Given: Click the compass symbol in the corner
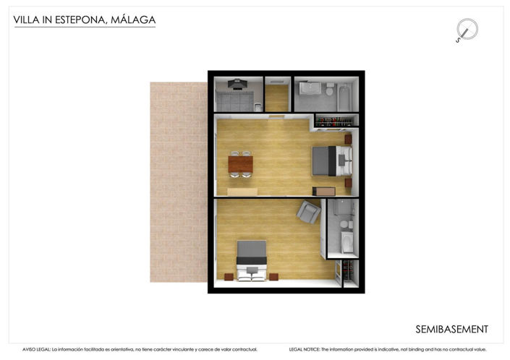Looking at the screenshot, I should coord(467,30).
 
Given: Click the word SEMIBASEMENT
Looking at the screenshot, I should coord(451,330).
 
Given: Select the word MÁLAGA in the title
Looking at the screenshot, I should coord(132,20).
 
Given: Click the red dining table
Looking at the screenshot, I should coord(241,164).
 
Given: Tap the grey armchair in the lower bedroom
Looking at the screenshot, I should coord(309,211).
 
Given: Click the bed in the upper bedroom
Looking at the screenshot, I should coord(332,160).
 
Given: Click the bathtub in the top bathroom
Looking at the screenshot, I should coord(344,95).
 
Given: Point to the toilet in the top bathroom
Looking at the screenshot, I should coord(329,90).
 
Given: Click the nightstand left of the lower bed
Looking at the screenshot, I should coord(229,276).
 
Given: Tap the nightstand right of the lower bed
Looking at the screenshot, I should coord(273,276).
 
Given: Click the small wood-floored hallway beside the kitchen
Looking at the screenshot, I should coord(277,97).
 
